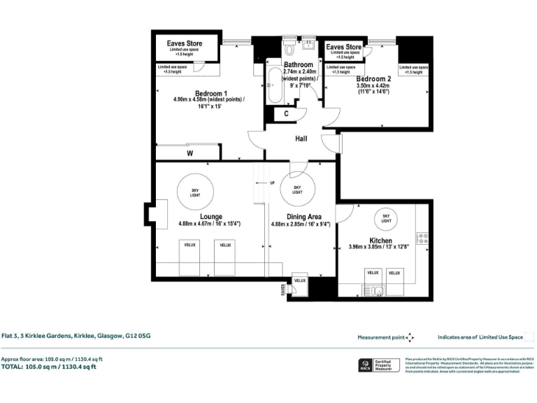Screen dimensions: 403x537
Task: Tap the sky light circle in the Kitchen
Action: pyautogui.click(x=386, y=217)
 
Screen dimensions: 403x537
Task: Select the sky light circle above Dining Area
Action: pyautogui.click(x=297, y=189)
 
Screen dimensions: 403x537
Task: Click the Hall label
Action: pyautogui.click(x=301, y=139)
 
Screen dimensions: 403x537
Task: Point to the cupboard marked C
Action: pyautogui.click(x=286, y=114)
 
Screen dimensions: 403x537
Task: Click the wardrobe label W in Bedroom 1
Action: pyautogui.click(x=189, y=153)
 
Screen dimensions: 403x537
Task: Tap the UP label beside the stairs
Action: pyautogui.click(x=271, y=183)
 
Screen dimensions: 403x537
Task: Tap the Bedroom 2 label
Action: pyautogui.click(x=373, y=79)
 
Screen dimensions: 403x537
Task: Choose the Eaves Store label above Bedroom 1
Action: pyautogui.click(x=185, y=43)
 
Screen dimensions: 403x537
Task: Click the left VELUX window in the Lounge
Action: pyautogui.click(x=189, y=246)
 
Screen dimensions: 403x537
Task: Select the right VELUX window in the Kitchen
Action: pyautogui.click(x=395, y=272)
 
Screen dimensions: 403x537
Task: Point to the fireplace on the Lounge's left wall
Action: pyautogui.click(x=160, y=213)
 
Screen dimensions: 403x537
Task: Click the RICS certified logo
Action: pyautogui.click(x=364, y=365)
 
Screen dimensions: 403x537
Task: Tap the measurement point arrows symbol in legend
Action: pyautogui.click(x=410, y=337)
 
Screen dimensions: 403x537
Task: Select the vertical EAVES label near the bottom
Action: pyautogui.click(x=283, y=288)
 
